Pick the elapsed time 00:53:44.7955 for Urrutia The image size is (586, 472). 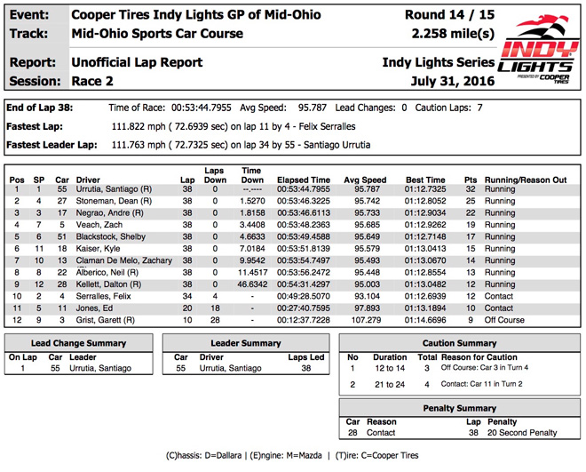click(x=304, y=190)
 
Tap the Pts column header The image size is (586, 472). click(x=471, y=180)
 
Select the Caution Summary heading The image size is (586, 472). click(x=459, y=342)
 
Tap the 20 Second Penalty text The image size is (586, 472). click(x=518, y=433)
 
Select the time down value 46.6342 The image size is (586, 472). click(x=252, y=284)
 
